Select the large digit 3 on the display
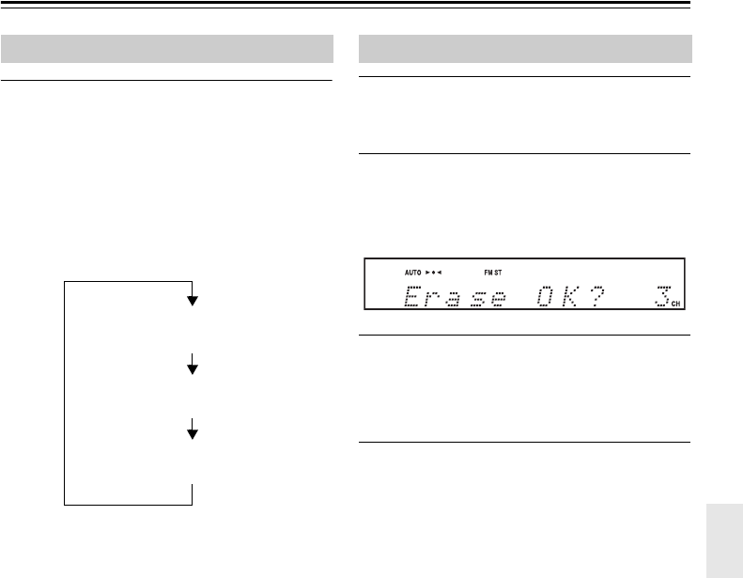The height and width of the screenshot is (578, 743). tap(660, 298)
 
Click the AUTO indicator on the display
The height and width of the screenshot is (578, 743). tap(413, 272)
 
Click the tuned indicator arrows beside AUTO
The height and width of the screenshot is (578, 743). tap(434, 272)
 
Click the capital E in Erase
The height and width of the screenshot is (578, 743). tap(410, 299)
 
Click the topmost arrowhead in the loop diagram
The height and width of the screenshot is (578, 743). tap(193, 300)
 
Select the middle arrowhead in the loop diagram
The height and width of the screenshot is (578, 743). tap(193, 368)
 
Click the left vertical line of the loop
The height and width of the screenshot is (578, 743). tap(65, 392)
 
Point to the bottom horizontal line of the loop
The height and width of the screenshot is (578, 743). tap(129, 505)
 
